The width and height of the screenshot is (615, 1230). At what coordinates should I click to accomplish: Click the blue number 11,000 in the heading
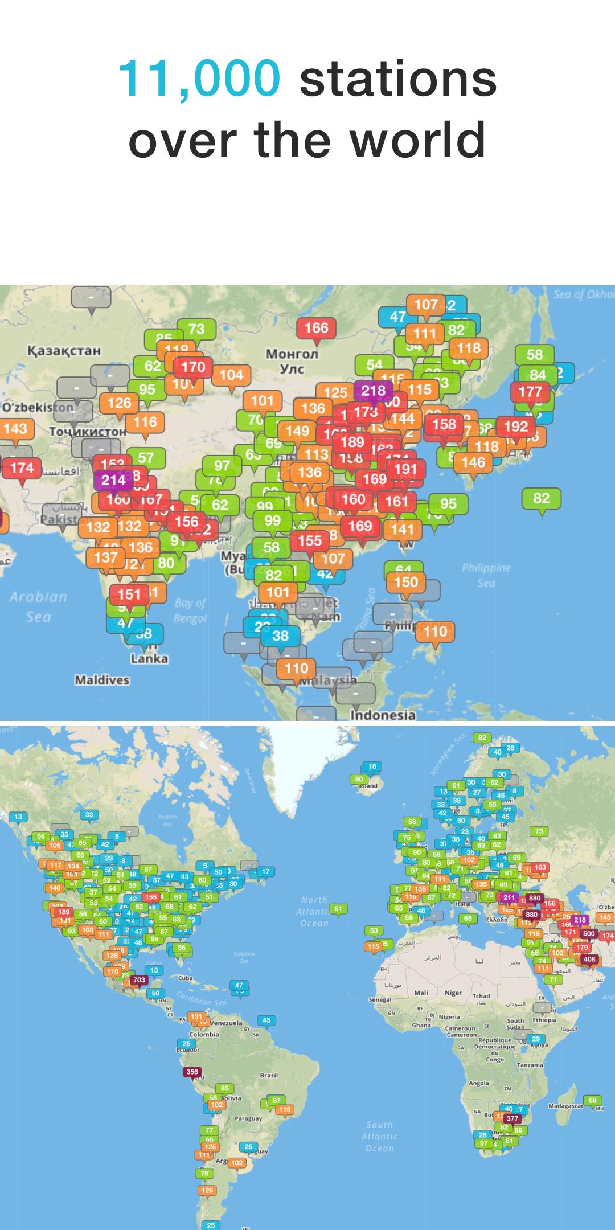click(199, 78)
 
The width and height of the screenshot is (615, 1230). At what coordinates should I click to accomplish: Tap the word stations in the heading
click(398, 78)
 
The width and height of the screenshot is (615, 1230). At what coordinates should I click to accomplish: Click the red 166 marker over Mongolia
click(316, 328)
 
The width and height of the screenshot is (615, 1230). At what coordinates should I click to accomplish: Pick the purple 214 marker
click(113, 480)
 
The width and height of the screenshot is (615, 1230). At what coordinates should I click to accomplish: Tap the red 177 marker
click(530, 392)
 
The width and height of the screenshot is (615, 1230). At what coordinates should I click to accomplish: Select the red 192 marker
click(515, 427)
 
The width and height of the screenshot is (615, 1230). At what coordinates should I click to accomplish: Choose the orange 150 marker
click(406, 582)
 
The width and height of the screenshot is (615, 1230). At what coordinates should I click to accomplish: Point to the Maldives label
click(102, 680)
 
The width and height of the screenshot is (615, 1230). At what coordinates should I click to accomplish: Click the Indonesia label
click(383, 715)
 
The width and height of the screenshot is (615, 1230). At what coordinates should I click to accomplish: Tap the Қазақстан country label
click(64, 350)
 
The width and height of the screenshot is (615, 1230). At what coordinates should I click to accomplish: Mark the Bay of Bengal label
click(191, 610)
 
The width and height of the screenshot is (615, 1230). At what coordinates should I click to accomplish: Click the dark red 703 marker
click(139, 980)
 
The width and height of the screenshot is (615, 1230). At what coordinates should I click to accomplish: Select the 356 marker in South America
click(192, 1072)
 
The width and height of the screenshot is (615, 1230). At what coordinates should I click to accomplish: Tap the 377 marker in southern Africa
click(512, 1118)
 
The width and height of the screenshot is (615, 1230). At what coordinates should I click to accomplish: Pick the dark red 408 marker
click(589, 959)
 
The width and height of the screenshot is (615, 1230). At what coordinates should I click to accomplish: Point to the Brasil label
click(269, 1075)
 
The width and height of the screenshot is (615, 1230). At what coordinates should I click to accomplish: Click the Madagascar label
click(565, 1106)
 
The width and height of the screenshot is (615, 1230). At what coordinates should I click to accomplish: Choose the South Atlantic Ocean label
click(380, 1136)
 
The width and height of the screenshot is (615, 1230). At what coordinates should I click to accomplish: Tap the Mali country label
click(421, 993)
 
